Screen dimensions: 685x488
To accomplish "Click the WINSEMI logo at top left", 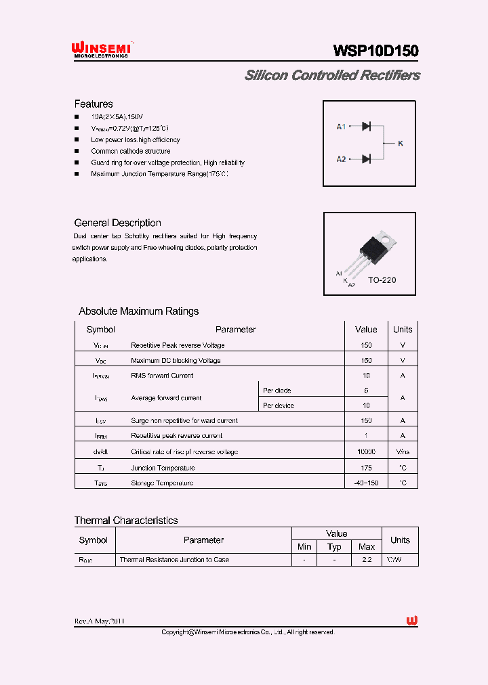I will point(101,49).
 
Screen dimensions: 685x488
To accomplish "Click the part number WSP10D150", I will point(375,51).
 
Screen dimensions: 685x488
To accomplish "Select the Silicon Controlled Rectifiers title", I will point(331,75).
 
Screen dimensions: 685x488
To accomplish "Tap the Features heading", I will point(94,104).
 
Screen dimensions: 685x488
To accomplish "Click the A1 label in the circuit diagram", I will point(342,127).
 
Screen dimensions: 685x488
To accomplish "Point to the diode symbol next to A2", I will point(366,159).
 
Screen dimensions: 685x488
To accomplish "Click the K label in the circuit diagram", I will point(400,143).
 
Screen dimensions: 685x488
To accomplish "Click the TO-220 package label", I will point(382,280).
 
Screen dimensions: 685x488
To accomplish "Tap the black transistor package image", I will point(375,250).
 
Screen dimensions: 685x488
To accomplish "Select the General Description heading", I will point(117,223).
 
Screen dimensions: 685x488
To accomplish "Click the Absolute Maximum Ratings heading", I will point(139,311).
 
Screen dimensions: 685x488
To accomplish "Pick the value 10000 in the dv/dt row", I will point(366,451).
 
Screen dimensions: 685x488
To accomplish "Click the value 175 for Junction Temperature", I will point(366,468).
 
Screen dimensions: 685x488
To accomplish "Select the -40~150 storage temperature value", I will point(366,483).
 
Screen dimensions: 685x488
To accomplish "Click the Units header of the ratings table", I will point(403,330).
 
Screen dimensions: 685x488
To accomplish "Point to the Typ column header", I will point(334,546).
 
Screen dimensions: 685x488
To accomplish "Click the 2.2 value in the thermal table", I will point(367,560).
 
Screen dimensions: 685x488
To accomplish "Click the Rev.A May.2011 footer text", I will point(100,621).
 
